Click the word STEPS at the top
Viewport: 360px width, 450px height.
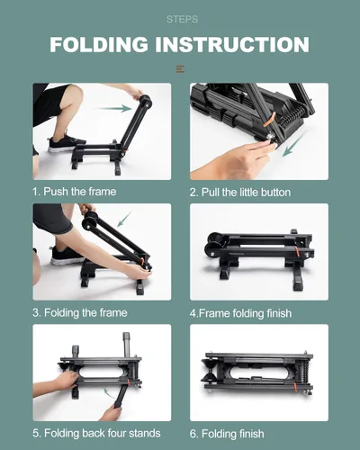(179, 18)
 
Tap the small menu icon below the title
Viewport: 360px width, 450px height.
(180, 69)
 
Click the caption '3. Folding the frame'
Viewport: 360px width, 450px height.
(80, 312)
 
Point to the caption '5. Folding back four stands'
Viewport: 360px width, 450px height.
(95, 432)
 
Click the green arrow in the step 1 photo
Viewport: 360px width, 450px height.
(115, 108)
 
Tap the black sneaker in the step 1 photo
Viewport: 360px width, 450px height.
(67, 142)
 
